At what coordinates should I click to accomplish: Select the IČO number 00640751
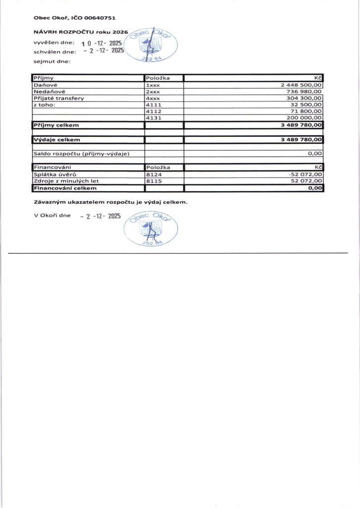pos(100,18)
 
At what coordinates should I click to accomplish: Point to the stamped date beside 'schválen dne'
pos(104,51)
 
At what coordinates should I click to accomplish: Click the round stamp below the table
pos(153,229)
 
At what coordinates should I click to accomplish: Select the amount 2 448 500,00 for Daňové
pos(301,85)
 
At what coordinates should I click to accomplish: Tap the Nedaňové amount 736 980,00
pos(304,92)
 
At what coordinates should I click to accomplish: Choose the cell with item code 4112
pos(154,112)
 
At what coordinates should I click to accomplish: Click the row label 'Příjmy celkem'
pos(56,125)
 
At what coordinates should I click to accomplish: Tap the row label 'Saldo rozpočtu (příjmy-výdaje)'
pos(81,154)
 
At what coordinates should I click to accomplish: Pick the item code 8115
pos(154,181)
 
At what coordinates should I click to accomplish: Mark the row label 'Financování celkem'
pos(64,188)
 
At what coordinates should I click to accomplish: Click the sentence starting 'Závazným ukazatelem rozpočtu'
pos(110,202)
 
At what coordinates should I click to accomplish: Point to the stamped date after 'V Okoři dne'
pos(101,216)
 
